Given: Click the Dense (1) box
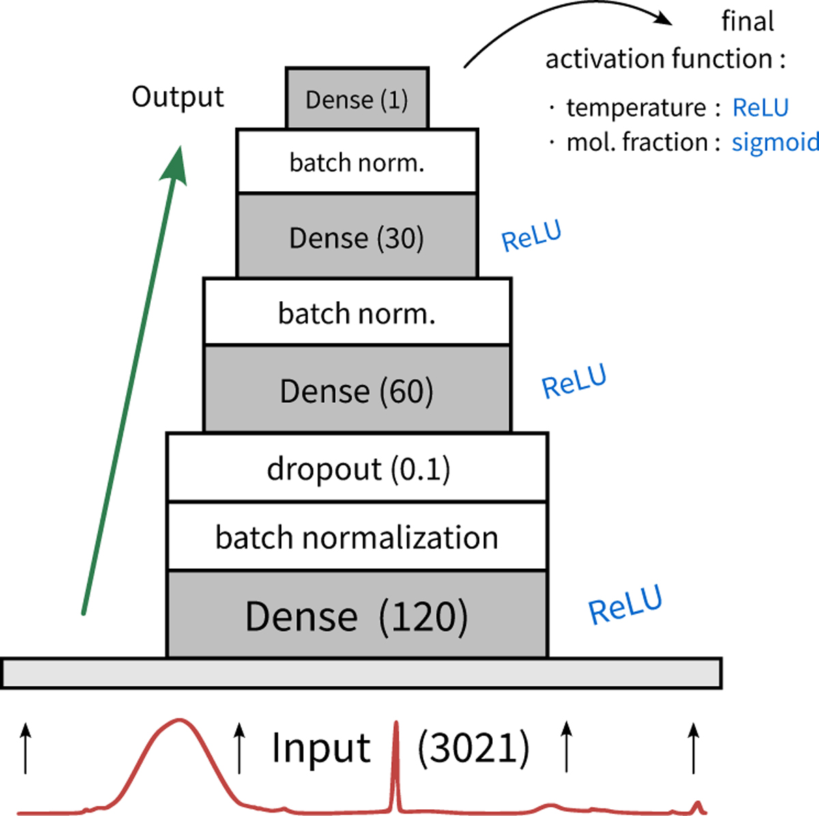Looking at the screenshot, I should click(357, 98).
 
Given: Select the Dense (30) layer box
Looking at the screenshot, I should click(357, 237).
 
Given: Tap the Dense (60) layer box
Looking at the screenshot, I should click(357, 390).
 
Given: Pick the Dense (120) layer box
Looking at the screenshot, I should click(357, 615).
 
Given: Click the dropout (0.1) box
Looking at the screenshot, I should click(357, 468).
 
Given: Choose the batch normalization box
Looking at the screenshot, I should click(357, 537).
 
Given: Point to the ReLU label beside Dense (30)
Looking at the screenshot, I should click(531, 236).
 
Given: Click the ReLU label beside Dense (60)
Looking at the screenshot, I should click(573, 382).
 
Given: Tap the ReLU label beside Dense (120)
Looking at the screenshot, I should click(625, 604).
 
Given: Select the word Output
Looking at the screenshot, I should click(177, 97).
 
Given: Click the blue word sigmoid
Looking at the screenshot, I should click(775, 142).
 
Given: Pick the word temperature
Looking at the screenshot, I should click(636, 108).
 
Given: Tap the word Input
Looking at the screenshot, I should click(321, 748).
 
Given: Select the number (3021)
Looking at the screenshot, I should click(473, 748).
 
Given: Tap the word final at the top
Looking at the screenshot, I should click(747, 22).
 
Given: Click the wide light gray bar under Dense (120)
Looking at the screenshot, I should click(362, 673).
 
